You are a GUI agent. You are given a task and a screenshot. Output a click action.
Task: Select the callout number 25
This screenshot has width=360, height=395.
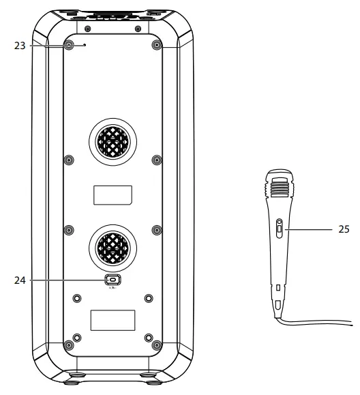coord(342,230)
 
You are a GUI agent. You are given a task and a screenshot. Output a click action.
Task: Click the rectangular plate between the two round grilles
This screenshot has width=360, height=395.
coord(113,195)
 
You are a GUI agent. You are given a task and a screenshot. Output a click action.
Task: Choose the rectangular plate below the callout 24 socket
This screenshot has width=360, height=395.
coord(113,320)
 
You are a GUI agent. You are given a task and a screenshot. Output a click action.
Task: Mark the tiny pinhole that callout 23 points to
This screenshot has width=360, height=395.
coord(84,46)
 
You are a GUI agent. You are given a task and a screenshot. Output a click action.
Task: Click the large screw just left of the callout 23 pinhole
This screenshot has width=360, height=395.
coord(69,46)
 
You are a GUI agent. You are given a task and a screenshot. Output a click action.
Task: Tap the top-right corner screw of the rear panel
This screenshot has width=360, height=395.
coord(157,46)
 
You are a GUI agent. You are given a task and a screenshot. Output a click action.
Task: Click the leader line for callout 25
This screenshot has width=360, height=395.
coord(307,230)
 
